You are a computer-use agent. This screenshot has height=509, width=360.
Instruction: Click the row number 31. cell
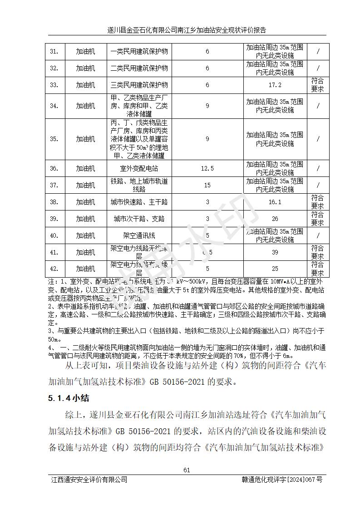click(54, 51)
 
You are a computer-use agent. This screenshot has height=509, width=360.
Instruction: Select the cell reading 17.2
click(275, 85)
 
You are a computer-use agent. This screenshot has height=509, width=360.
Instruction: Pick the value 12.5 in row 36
click(207, 168)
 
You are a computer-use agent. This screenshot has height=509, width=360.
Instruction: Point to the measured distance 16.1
click(275, 202)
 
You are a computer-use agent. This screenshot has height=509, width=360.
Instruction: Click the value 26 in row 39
click(275, 219)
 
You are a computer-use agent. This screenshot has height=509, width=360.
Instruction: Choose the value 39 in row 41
click(275, 252)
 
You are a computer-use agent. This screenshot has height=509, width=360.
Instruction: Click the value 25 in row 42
click(275, 269)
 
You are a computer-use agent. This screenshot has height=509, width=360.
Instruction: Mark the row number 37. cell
click(54, 185)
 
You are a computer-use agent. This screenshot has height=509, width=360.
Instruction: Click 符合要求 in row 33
click(317, 85)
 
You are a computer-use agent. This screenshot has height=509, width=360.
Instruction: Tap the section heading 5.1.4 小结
click(69, 398)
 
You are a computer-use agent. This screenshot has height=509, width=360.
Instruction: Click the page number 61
click(186, 470)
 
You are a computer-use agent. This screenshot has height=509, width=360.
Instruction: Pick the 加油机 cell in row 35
click(85, 139)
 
